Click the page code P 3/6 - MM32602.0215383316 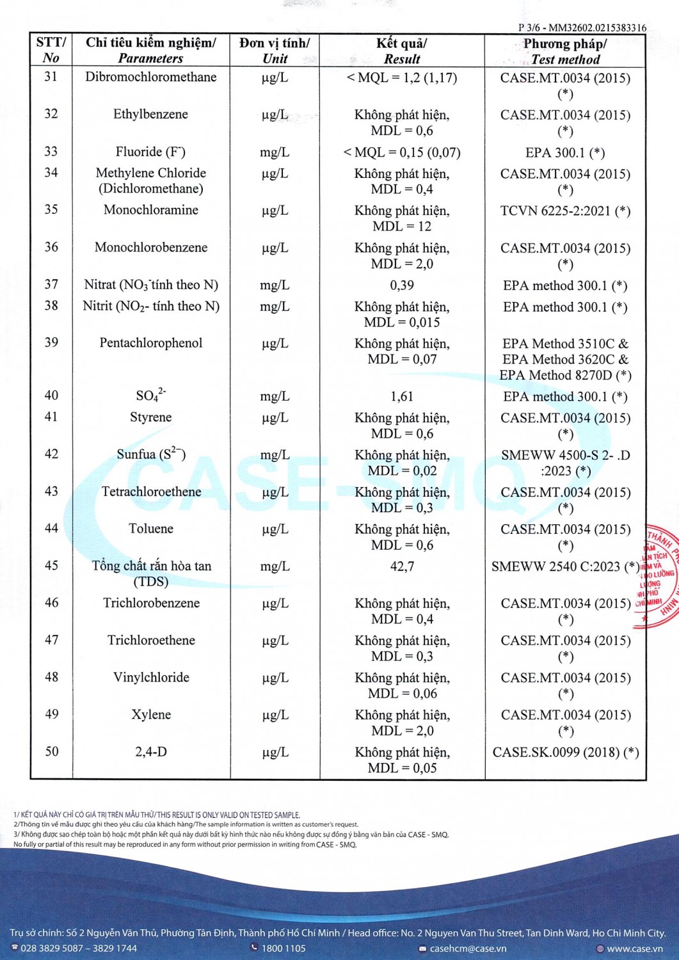[582, 28]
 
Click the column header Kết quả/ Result [402, 51]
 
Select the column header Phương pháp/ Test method [565, 51]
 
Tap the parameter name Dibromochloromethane [151, 77]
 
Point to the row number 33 [51, 152]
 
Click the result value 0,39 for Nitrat [402, 285]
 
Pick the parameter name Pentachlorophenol [151, 343]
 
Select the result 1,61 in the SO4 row [402, 397]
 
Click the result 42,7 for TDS [402, 566]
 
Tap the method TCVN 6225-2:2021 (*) [565, 211]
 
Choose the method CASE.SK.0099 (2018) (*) [565, 753]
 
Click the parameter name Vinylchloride [151, 678]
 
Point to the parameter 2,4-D [151, 752]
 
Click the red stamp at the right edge [659, 576]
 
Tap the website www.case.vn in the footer [634, 948]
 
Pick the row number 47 [51, 641]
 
